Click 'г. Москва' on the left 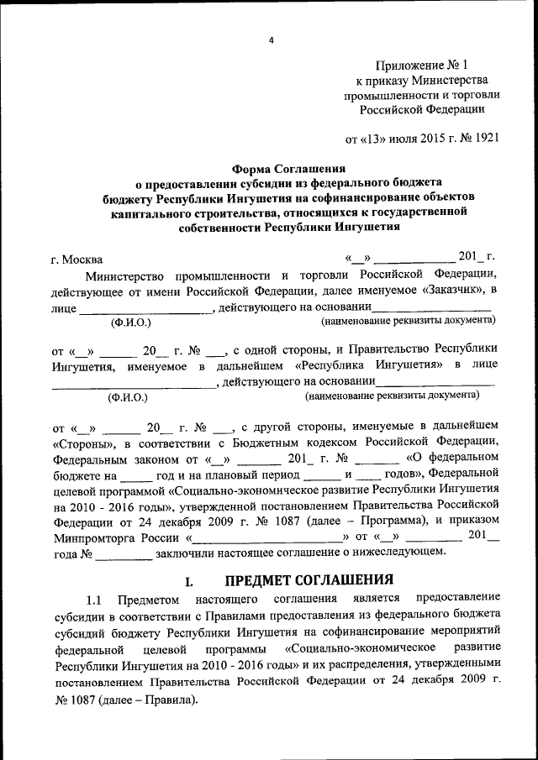77,259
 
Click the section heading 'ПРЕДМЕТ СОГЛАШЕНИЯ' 309,579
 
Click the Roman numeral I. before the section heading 189,580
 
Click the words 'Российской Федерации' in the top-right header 424,108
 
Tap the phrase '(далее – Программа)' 376,519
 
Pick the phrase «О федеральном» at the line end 453,459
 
